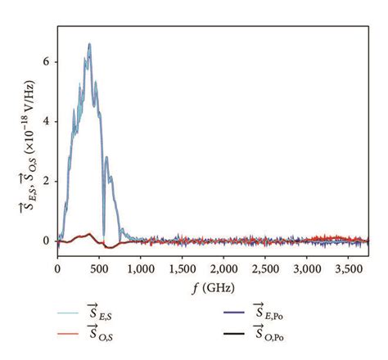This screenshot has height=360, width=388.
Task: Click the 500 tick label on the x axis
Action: tap(99, 268)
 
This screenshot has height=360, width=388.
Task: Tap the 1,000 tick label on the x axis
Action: tap(141, 268)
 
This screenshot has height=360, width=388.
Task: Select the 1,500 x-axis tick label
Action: tap(183, 268)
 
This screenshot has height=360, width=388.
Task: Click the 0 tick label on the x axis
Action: tap(58, 268)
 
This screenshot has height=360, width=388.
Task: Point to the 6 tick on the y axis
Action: tap(48, 61)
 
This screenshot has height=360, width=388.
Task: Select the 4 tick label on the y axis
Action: tap(48, 121)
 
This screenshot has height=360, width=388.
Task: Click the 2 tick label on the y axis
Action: tap(48, 181)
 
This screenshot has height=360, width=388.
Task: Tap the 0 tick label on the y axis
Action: tap(48, 241)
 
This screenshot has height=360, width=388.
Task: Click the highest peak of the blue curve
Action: tap(89, 45)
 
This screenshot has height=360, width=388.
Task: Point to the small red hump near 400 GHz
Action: tap(88, 234)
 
